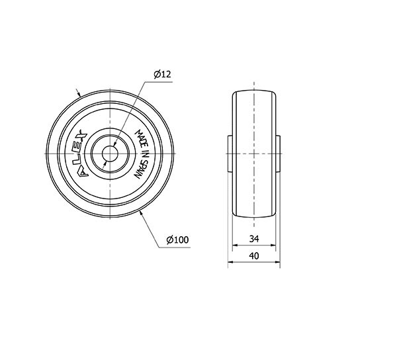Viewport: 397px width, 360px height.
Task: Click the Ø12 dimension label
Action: pos(163,74)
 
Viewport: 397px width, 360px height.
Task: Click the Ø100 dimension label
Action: pos(178,240)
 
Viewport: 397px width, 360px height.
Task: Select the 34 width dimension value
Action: pos(254,238)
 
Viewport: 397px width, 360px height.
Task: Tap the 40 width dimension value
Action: pos(254,256)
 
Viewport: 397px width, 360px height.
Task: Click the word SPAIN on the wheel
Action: pos(138,169)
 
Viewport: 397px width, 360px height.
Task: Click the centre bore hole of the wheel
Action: pos(110,154)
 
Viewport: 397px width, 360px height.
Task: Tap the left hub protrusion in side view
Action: pos(230,154)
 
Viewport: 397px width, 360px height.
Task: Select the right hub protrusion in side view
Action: pos(278,154)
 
